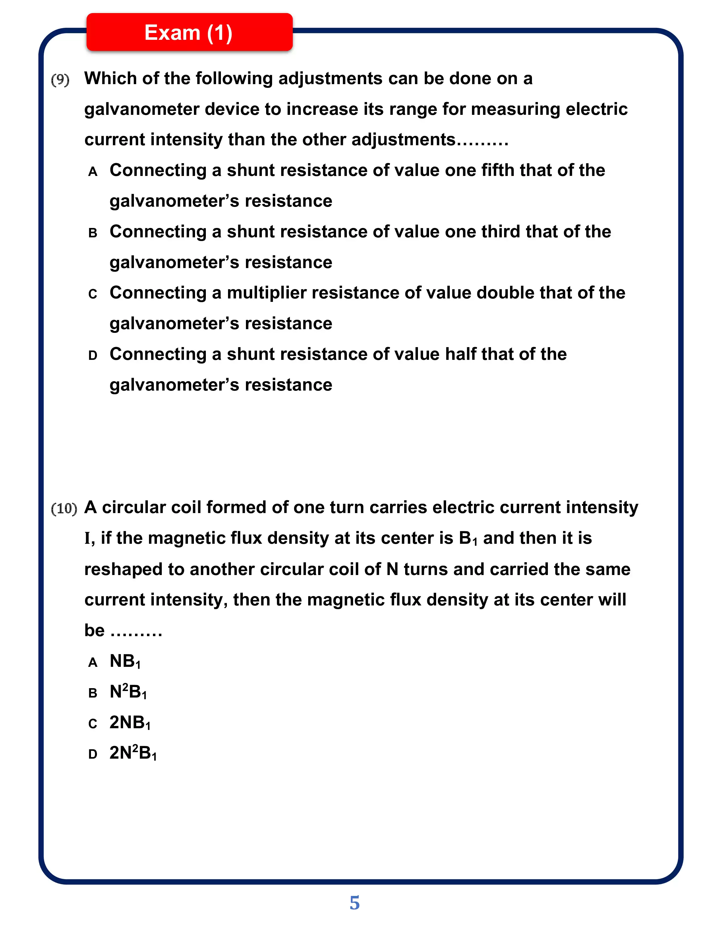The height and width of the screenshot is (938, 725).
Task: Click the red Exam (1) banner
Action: pos(189,33)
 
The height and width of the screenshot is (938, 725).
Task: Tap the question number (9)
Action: pos(60,80)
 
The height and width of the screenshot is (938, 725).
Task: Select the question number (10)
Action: pos(64,509)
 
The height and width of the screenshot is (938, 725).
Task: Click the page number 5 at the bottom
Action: pos(354,903)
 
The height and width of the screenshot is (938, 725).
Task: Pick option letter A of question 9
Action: pos(93,172)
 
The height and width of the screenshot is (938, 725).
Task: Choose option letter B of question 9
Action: pos(93,233)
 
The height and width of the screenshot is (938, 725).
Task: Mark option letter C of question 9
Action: pos(93,294)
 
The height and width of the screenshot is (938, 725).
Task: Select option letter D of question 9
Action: pos(93,356)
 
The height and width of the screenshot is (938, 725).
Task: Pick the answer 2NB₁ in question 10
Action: pos(130,723)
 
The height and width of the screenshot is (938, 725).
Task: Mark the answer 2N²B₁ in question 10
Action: pos(133,753)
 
